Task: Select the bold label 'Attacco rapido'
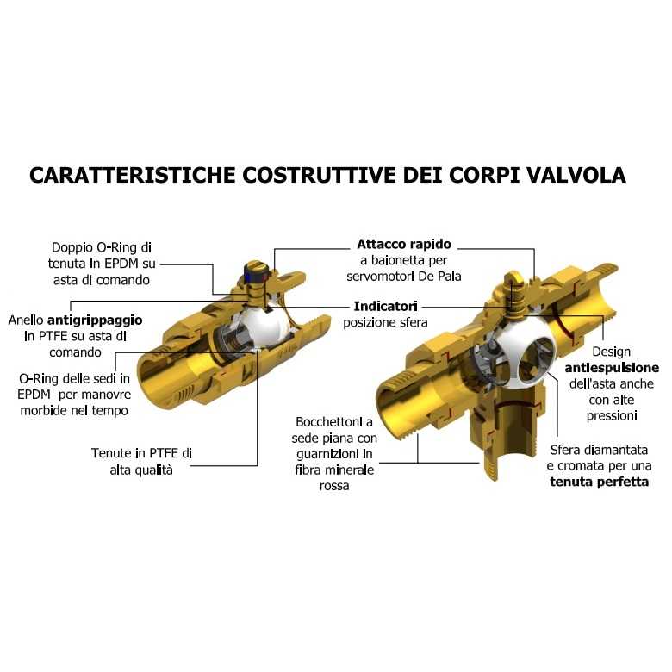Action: [404, 245]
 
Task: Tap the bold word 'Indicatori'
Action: [386, 306]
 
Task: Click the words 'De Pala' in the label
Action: [441, 277]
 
